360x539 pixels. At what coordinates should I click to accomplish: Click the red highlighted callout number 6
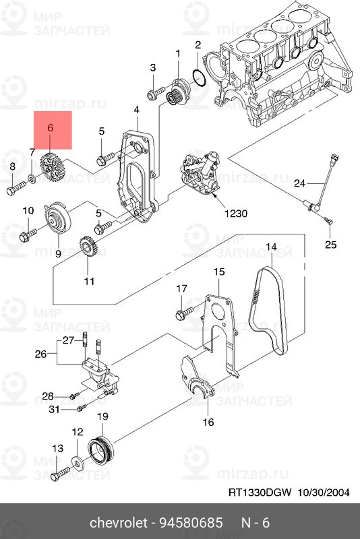[x=50, y=128]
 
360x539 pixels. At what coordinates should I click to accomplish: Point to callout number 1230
[x=235, y=214]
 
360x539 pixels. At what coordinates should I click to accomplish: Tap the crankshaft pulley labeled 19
[x=102, y=449]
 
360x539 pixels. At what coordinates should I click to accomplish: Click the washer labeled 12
[x=77, y=462]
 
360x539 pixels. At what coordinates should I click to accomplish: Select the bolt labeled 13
[x=60, y=474]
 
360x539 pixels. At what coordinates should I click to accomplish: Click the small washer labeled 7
[x=32, y=178]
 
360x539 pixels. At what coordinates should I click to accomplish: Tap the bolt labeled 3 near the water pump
[x=156, y=93]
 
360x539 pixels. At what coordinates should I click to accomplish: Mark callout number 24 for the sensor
[x=299, y=183]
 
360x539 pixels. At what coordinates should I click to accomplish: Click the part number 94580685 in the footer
[x=191, y=523]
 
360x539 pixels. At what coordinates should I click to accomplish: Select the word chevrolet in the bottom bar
[x=118, y=523]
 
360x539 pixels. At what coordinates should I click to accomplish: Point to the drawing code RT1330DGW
[x=260, y=493]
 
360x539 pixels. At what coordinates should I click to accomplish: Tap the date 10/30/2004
[x=323, y=493]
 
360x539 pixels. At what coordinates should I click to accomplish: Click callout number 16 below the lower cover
[x=208, y=422]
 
